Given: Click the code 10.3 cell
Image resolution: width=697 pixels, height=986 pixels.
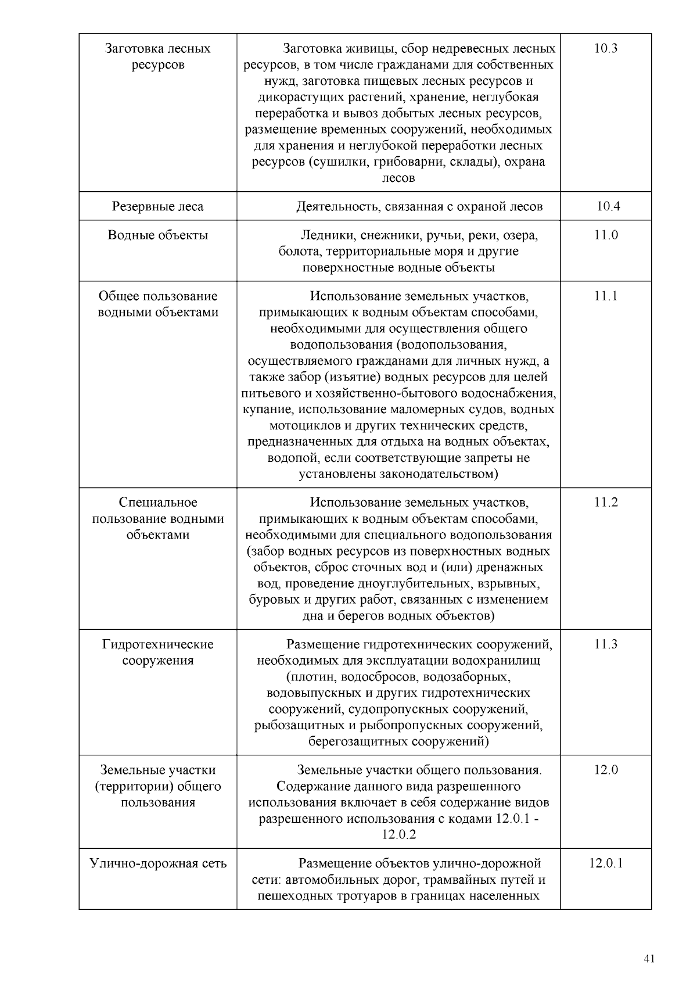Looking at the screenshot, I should pyautogui.click(x=605, y=49).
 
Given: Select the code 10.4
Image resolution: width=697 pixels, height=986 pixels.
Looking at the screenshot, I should pyautogui.click(x=608, y=206).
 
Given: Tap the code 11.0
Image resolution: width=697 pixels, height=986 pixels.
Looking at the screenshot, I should pyautogui.click(x=605, y=235).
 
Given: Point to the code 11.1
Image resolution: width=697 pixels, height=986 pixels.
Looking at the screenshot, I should pyautogui.click(x=605, y=296).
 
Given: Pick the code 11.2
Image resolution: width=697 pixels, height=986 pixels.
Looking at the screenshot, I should pyautogui.click(x=605, y=503).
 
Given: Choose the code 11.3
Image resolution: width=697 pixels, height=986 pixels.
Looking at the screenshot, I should pyautogui.click(x=605, y=644).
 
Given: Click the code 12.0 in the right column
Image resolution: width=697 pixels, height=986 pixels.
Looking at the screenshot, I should pyautogui.click(x=606, y=770).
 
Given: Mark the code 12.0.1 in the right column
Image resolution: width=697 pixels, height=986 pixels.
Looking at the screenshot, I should pyautogui.click(x=605, y=863).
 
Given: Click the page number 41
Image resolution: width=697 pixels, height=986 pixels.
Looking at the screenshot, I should pyautogui.click(x=649, y=959).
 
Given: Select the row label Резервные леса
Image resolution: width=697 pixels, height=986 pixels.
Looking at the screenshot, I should pyautogui.click(x=157, y=206).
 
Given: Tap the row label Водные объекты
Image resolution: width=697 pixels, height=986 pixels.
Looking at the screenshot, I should pyautogui.click(x=157, y=235).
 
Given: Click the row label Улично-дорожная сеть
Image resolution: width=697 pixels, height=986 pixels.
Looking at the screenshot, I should pyautogui.click(x=158, y=863).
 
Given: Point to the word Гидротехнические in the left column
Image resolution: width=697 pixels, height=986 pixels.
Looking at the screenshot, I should pyautogui.click(x=158, y=644).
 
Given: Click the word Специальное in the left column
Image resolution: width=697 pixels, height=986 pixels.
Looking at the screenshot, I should pyautogui.click(x=158, y=503).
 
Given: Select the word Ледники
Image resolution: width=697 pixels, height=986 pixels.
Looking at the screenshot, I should pyautogui.click(x=327, y=235).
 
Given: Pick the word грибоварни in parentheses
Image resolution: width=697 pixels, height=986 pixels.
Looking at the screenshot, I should pyautogui.click(x=415, y=162).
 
